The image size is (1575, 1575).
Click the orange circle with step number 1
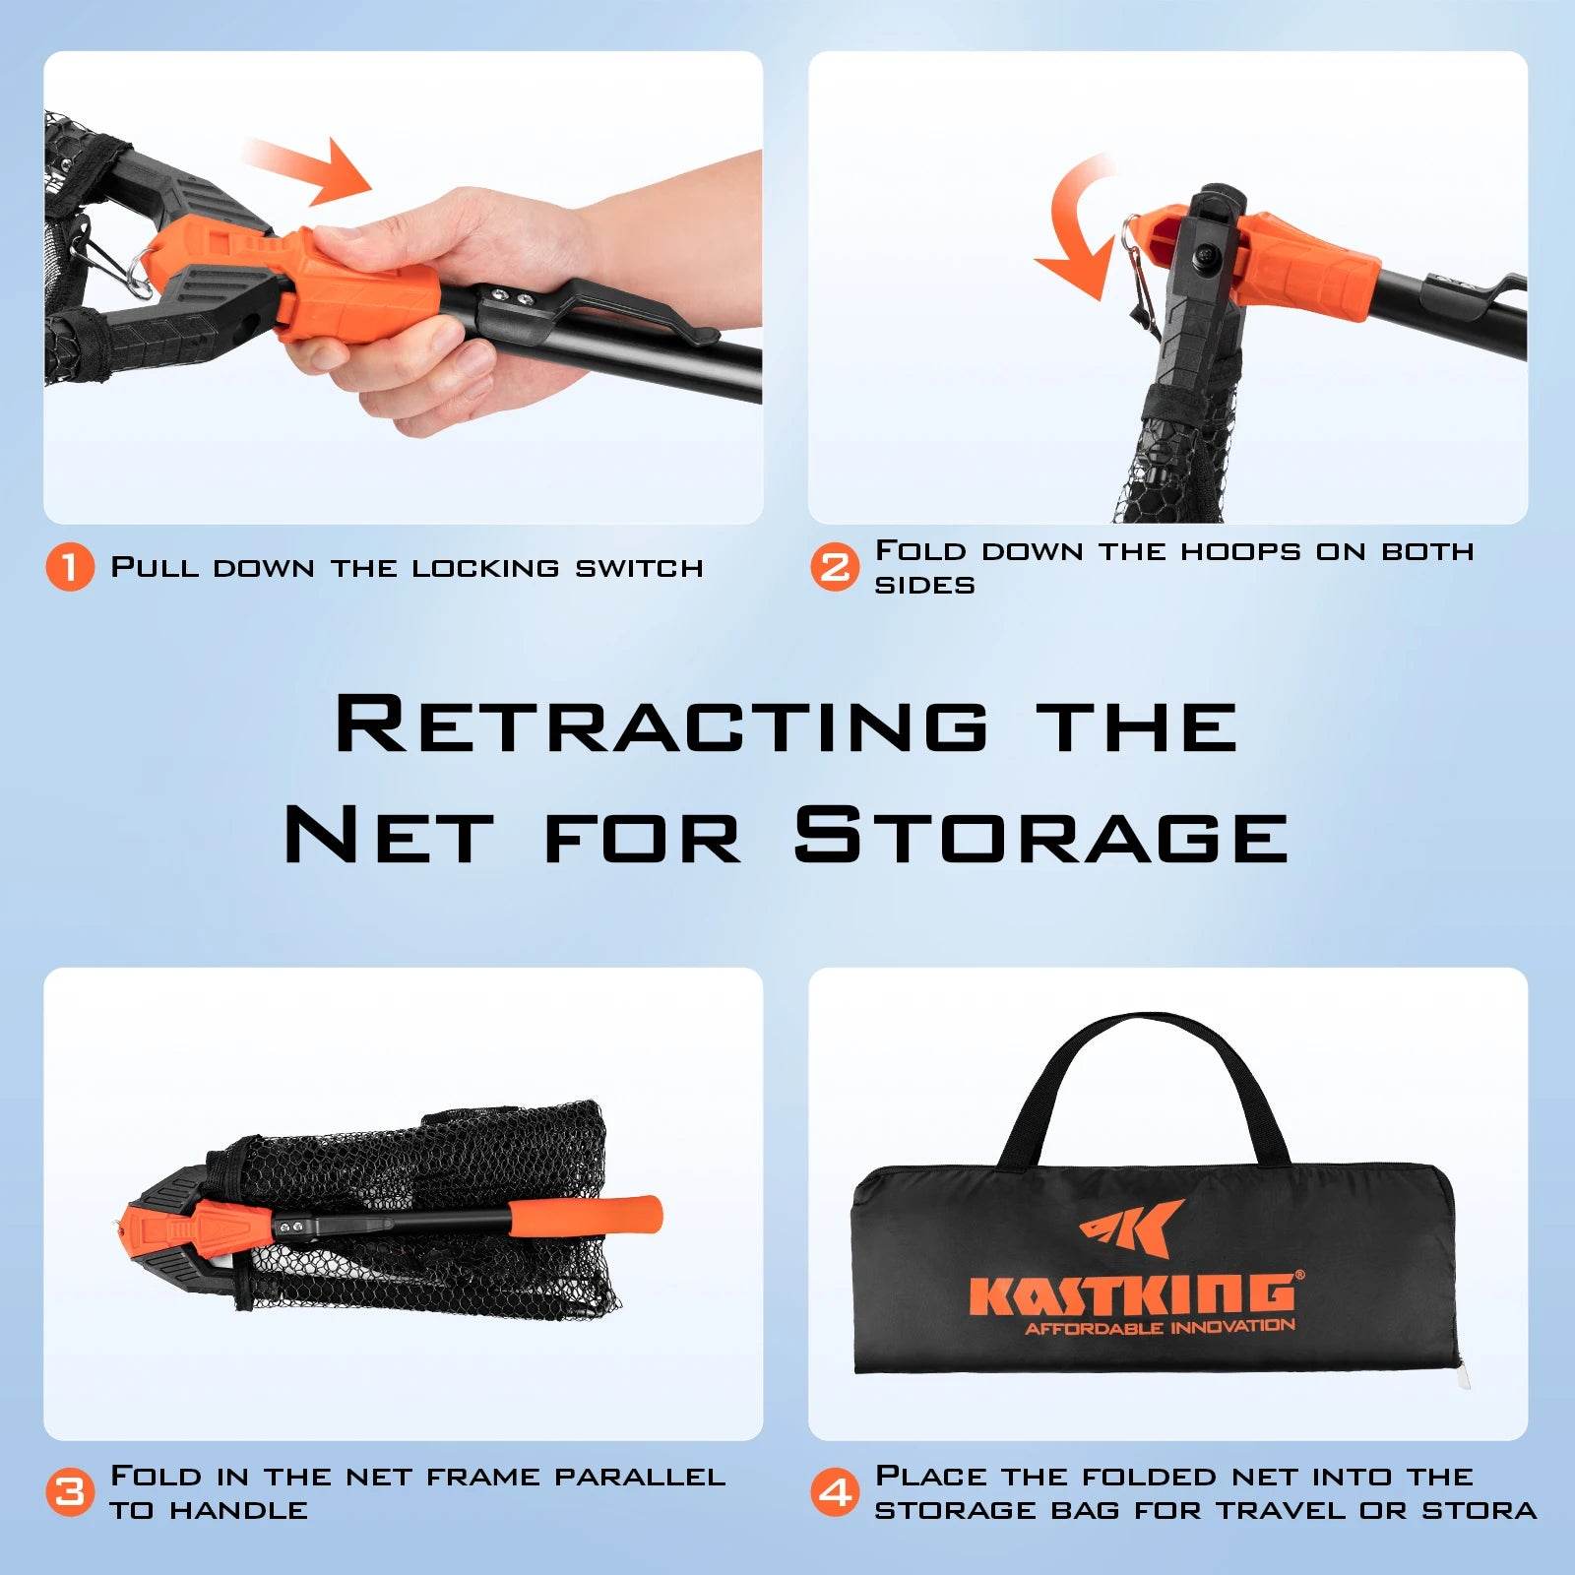70,567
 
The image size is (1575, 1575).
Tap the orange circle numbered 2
835,567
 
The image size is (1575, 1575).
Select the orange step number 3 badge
70,1491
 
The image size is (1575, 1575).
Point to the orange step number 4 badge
835,1491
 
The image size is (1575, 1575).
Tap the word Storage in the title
1040,835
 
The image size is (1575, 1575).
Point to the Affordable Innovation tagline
1160,1328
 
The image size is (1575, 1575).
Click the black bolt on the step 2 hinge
1206,258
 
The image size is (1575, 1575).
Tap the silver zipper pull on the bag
1465,1373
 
